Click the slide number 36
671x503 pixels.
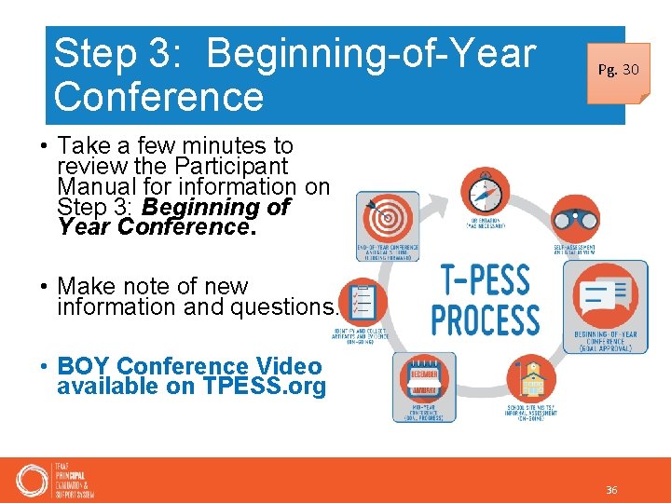point(611,490)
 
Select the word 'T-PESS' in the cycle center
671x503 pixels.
point(484,280)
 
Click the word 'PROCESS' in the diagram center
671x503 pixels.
point(485,319)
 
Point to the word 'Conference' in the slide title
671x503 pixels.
point(159,96)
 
